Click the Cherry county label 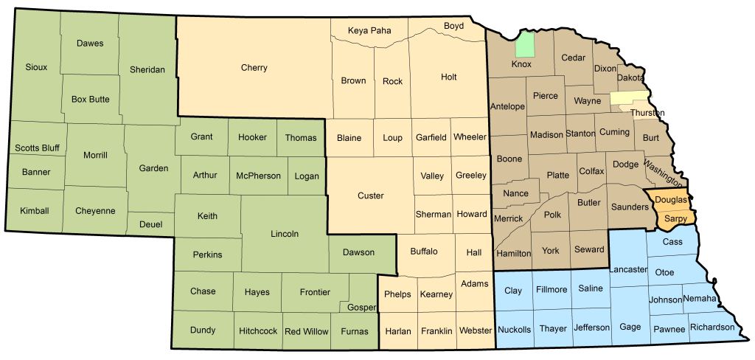[x=254, y=68]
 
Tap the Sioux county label [x=35, y=67]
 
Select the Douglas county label [x=671, y=201]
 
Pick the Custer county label [x=370, y=195]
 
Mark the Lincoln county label [x=285, y=234]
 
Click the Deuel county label [x=150, y=224]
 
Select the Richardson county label [x=712, y=327]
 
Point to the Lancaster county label [x=628, y=270]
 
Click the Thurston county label [x=647, y=113]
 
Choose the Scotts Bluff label [x=36, y=148]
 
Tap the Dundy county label [x=203, y=330]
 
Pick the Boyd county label [x=453, y=26]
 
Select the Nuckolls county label [x=514, y=329]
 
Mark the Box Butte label [x=90, y=99]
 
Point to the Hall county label [x=474, y=252]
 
